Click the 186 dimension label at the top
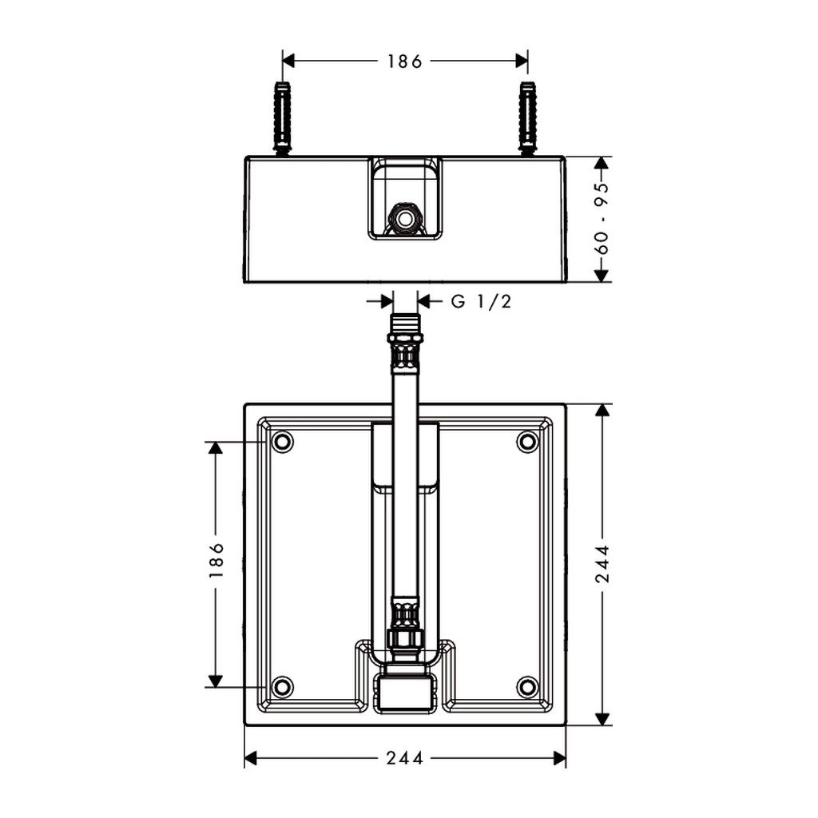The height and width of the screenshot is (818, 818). click(x=404, y=62)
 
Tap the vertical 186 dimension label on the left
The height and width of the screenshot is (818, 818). click(x=216, y=559)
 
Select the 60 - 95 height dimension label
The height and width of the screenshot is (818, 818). click(x=602, y=219)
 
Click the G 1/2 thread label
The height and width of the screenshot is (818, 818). click(x=481, y=301)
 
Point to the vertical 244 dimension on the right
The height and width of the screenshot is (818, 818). click(x=602, y=563)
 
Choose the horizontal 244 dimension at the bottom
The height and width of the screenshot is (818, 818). click(x=405, y=758)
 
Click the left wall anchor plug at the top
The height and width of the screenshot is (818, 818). click(x=282, y=118)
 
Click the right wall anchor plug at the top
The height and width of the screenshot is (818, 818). click(x=528, y=118)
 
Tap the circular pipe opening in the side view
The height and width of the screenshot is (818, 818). click(x=404, y=219)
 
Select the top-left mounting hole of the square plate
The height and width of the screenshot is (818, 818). click(x=282, y=442)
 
